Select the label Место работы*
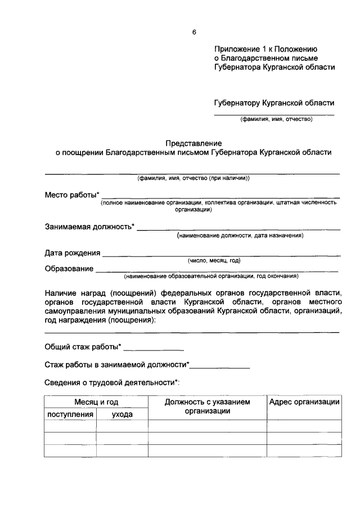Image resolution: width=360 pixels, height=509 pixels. tap(72, 195)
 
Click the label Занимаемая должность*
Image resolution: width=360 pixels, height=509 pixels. tap(90, 227)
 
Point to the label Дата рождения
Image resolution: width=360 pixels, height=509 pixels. tap(73, 253)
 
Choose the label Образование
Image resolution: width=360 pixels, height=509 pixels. tap(69, 268)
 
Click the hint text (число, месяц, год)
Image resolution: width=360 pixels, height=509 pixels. tap(214, 260)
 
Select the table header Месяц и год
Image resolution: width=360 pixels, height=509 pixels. tap(96, 402)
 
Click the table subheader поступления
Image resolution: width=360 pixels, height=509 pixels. tap(70, 415)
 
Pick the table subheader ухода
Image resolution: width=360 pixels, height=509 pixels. tap(122, 415)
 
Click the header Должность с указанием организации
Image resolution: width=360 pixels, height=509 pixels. tap(207, 406)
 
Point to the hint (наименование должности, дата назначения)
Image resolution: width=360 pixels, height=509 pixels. tap(240, 236)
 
